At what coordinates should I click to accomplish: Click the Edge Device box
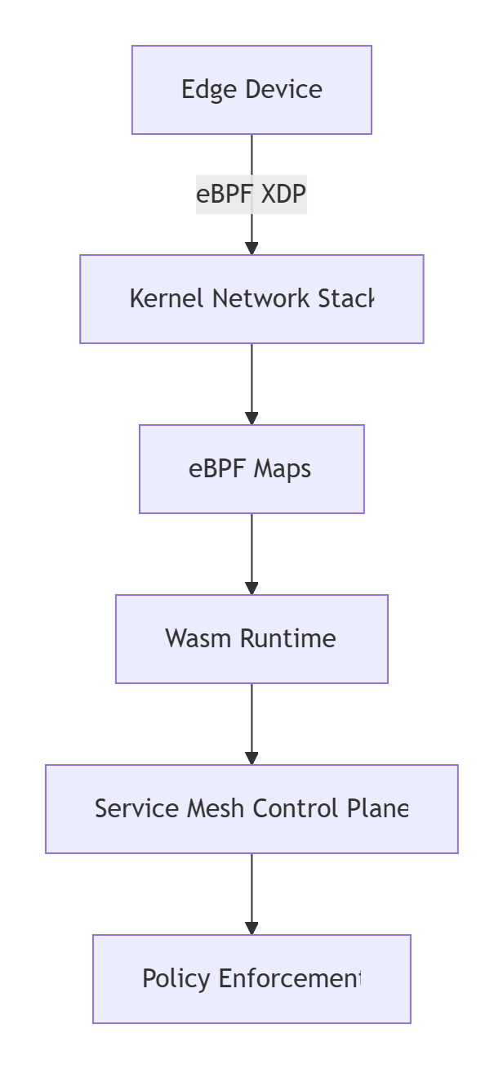tap(251, 90)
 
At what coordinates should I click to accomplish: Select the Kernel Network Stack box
tap(251, 299)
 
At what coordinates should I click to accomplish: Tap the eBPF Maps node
tap(251, 469)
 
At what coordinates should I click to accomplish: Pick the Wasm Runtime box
tap(251, 639)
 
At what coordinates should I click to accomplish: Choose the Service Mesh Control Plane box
tap(251, 809)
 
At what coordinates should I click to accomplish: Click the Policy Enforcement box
tap(251, 979)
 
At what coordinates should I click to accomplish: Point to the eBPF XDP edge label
tap(251, 195)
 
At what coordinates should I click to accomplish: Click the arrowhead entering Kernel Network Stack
tap(251, 248)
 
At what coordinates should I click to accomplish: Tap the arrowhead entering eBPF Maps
tap(251, 418)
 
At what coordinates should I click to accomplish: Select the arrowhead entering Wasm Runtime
tap(251, 588)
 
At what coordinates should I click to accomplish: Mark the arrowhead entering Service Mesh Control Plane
tap(251, 758)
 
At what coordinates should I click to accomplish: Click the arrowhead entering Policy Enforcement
tap(251, 928)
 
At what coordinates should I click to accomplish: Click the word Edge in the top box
tap(203, 90)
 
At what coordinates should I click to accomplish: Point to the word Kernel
tap(168, 299)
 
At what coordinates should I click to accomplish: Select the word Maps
tap(283, 469)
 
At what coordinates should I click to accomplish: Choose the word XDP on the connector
tap(283, 195)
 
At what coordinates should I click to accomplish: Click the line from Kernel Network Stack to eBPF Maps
tap(251, 380)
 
